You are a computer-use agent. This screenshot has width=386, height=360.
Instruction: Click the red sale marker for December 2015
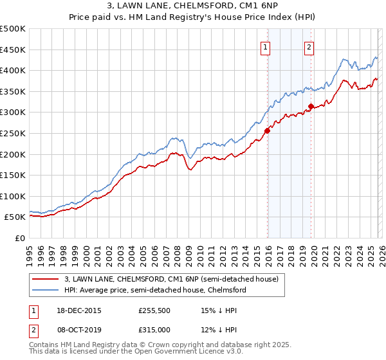click(267, 130)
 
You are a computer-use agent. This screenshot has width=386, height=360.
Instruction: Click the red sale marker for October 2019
click(311, 106)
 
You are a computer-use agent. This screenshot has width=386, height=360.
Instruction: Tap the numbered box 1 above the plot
click(266, 46)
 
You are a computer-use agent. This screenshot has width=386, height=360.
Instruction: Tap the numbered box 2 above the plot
click(309, 46)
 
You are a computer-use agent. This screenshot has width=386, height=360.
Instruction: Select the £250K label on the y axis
click(13, 134)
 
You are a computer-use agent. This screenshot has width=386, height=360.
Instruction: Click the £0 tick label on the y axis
click(19, 239)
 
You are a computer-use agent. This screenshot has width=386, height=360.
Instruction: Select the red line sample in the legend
click(46, 280)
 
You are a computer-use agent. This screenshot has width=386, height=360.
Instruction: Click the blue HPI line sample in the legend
click(46, 291)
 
